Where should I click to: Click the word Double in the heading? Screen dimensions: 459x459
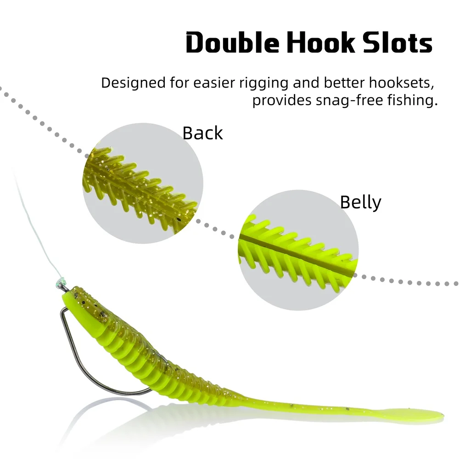point(232,43)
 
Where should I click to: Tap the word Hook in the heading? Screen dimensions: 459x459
point(320,43)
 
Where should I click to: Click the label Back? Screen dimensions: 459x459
point(202,133)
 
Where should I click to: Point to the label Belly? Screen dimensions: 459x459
point(360,202)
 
